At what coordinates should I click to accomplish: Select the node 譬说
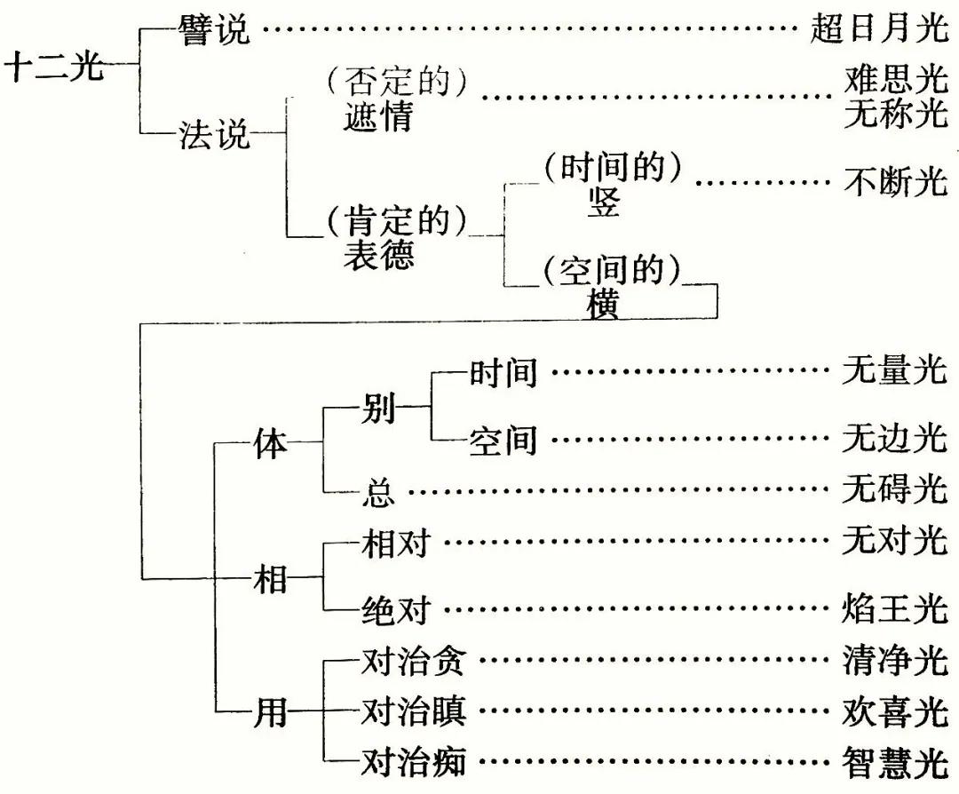click(214, 31)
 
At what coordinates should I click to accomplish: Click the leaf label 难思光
click(895, 82)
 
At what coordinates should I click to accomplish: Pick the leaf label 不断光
click(895, 183)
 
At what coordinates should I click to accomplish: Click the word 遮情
click(378, 116)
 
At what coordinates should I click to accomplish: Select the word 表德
click(378, 254)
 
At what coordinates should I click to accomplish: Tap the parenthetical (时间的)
click(613, 168)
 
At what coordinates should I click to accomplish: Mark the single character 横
click(604, 305)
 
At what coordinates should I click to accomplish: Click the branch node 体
click(271, 441)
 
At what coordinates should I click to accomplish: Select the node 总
click(379, 491)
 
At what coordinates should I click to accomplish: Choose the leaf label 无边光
click(895, 441)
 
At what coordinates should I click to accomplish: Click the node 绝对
click(396, 610)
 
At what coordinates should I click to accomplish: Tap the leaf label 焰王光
click(895, 610)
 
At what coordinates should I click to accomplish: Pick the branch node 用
click(271, 711)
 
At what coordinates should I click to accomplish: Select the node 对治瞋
click(414, 711)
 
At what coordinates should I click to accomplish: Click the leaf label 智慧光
click(895, 761)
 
